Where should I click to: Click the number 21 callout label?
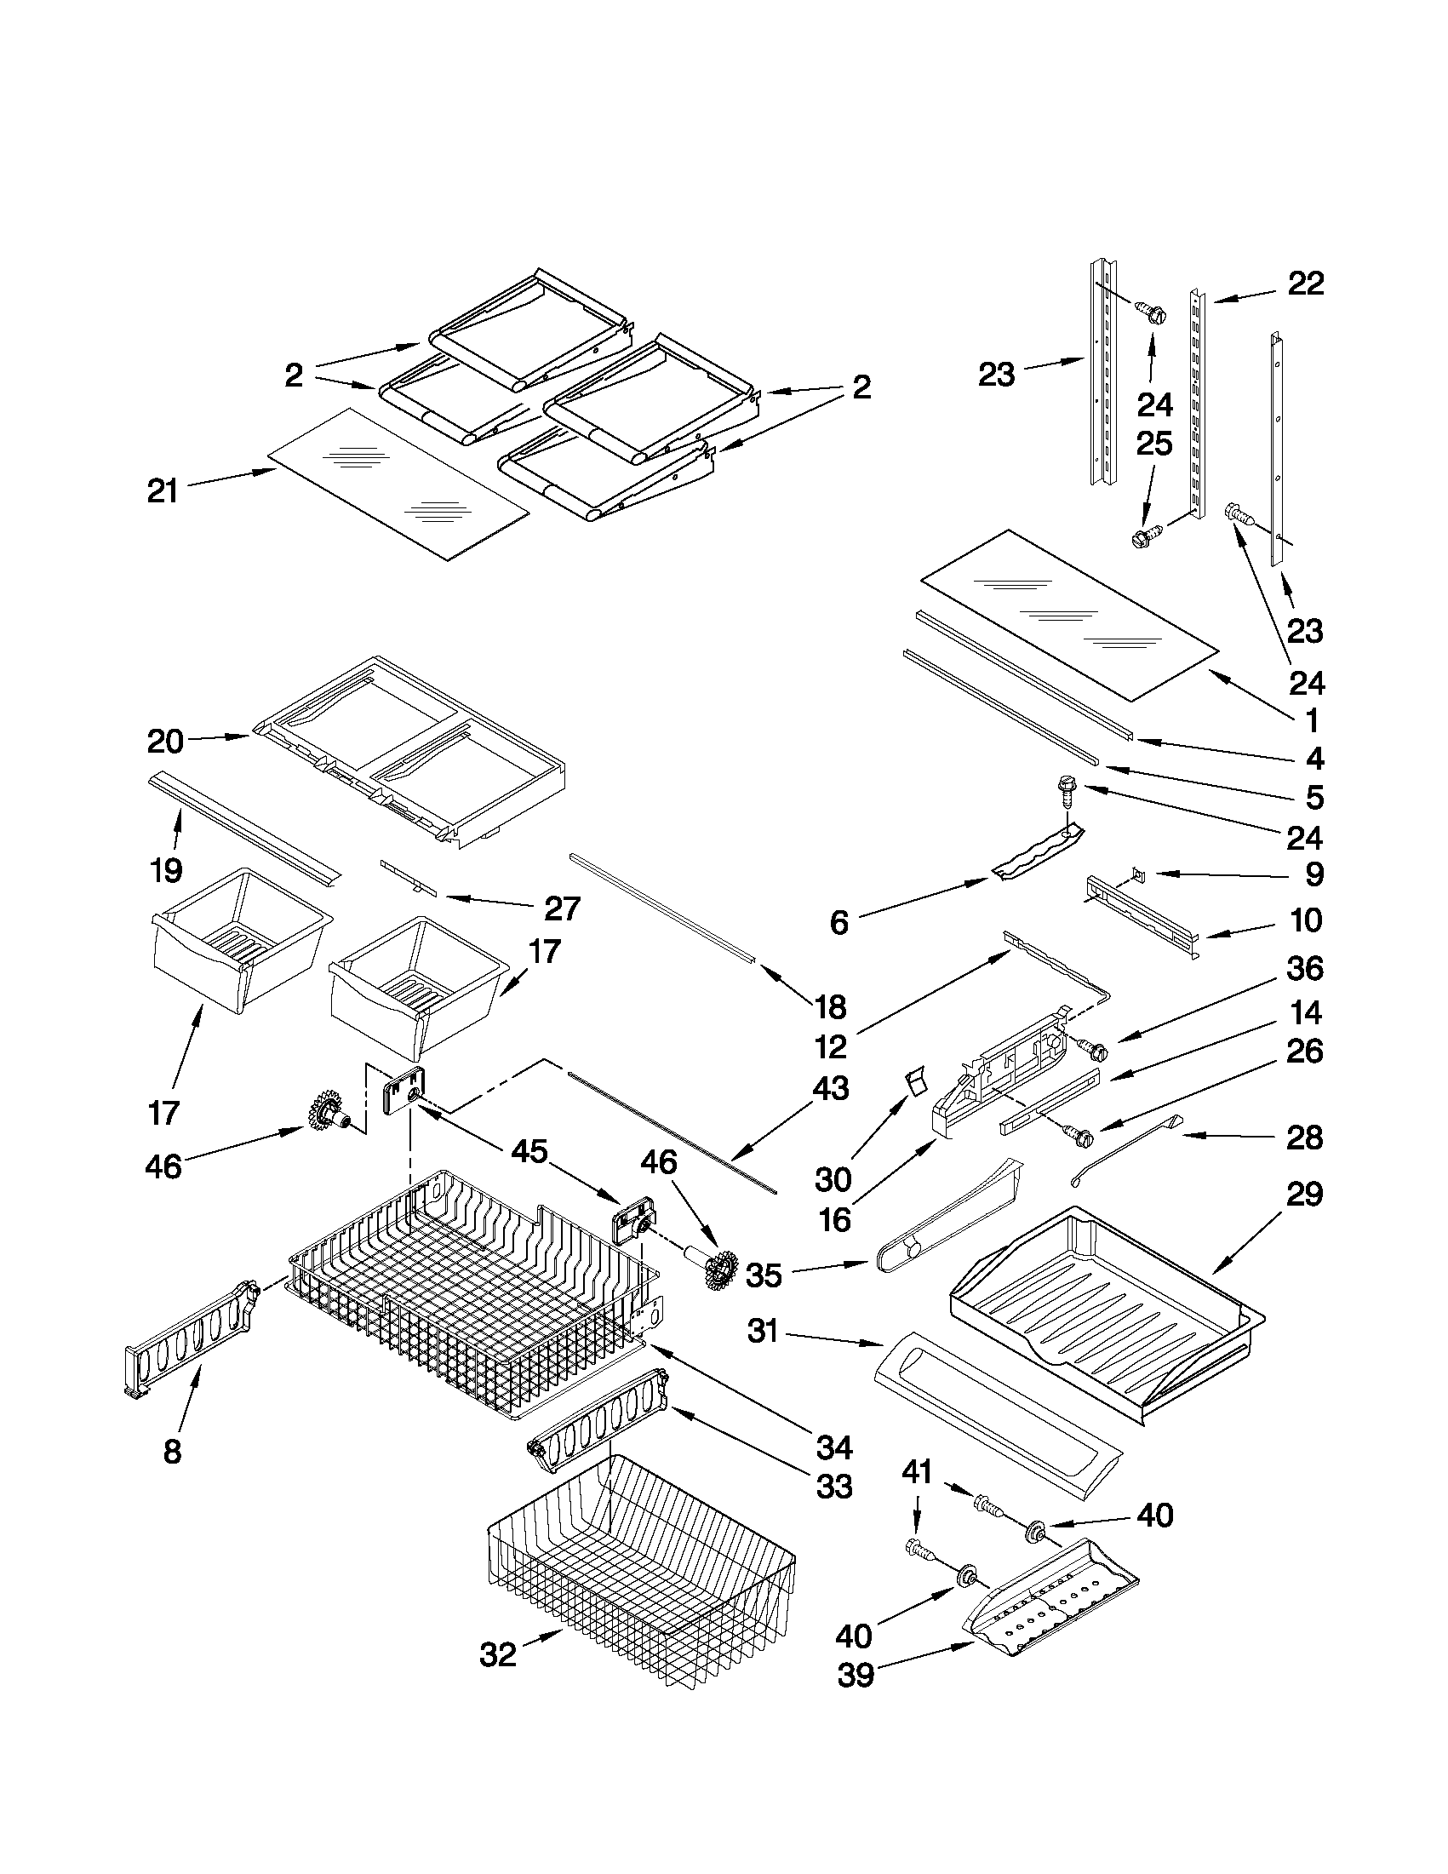pyautogui.click(x=162, y=491)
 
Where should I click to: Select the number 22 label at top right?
pyautogui.click(x=1306, y=284)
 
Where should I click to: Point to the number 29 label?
pyautogui.click(x=1305, y=1194)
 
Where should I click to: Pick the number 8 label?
pyautogui.click(x=172, y=1452)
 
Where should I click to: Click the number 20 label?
pyautogui.click(x=165, y=742)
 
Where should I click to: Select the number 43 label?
pyautogui.click(x=829, y=1088)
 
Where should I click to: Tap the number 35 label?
pyautogui.click(x=764, y=1300)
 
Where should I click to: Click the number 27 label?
pyautogui.click(x=563, y=908)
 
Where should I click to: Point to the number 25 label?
pyautogui.click(x=1153, y=444)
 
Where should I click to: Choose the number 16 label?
pyautogui.click(x=834, y=1219)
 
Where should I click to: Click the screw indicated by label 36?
pyautogui.click(x=1090, y=1048)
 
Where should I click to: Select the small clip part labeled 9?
pyautogui.click(x=1138, y=874)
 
